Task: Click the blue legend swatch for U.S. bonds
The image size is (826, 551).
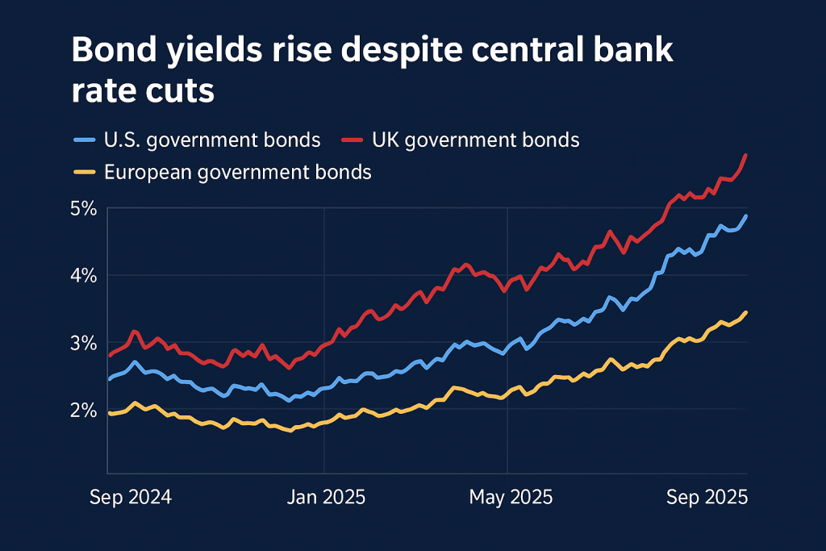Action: (84, 140)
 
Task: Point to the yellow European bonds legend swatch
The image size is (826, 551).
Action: (84, 172)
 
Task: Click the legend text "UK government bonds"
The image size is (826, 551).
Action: (476, 140)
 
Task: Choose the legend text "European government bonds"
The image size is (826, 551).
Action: (238, 172)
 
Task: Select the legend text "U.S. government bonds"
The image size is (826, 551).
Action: (212, 140)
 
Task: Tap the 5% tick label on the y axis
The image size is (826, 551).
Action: (84, 208)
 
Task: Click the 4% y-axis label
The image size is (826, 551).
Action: (84, 275)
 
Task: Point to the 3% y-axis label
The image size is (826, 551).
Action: (84, 342)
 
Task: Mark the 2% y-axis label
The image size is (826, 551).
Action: (84, 409)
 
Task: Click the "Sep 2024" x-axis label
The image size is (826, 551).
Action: (130, 497)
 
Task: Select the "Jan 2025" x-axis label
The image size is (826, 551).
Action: (326, 497)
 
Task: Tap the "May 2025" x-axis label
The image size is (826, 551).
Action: (511, 497)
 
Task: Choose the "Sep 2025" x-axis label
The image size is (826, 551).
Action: (707, 497)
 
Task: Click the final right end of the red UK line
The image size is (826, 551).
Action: (745, 155)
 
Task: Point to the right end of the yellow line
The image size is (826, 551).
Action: (745, 312)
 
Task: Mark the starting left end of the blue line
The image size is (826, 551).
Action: (109, 378)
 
